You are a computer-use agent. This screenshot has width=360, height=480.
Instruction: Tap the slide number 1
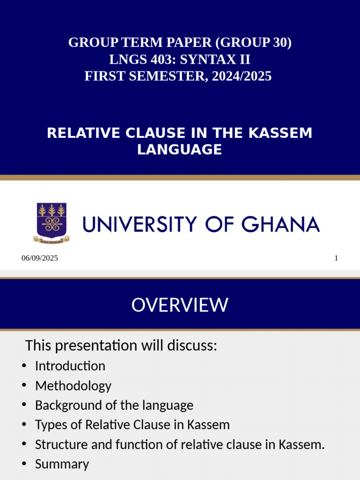click(336, 258)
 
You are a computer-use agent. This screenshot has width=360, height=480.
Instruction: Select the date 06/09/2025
click(40, 258)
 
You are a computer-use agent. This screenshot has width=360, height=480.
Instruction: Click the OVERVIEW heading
click(180, 305)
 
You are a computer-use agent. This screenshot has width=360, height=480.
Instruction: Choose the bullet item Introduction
click(70, 366)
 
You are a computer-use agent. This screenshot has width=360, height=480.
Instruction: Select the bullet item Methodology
click(73, 386)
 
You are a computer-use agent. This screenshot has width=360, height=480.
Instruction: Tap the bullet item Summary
click(62, 464)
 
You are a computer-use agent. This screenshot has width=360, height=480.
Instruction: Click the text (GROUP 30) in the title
click(254, 43)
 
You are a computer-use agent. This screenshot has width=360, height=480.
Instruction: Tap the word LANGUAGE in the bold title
click(180, 150)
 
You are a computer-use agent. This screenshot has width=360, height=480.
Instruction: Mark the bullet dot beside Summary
click(24, 464)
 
